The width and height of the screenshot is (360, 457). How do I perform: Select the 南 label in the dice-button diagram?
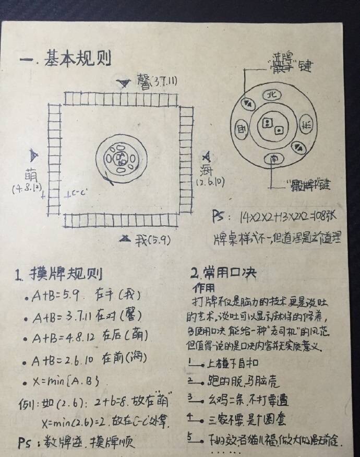(x=272, y=157)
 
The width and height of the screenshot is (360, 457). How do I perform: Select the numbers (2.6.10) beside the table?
(x=211, y=182)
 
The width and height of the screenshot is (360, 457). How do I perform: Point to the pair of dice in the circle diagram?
(x=272, y=125)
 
